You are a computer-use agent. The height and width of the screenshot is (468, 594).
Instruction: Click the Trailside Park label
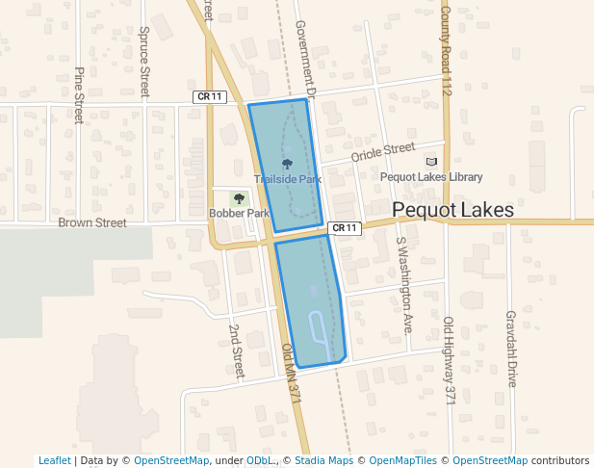[x=287, y=179]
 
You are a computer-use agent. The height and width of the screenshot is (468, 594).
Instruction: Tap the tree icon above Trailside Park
[x=287, y=165]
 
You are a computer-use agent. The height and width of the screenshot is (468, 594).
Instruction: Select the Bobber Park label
[x=239, y=213]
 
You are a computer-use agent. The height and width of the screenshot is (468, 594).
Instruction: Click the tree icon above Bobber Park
[x=239, y=198]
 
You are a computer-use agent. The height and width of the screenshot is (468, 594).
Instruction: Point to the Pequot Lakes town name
[x=452, y=210]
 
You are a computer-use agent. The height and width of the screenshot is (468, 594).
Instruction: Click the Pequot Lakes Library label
[x=431, y=177]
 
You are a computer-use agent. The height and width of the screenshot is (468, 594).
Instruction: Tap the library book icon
[x=431, y=162]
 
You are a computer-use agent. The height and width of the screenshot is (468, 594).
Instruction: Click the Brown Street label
[x=92, y=222]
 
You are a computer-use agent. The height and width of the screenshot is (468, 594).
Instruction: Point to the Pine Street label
[x=80, y=94]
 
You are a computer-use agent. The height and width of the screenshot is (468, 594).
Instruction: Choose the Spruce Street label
[x=144, y=61]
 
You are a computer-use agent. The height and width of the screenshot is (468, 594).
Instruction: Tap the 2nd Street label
[x=237, y=350]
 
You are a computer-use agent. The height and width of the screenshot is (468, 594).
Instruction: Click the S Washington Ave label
[x=404, y=285]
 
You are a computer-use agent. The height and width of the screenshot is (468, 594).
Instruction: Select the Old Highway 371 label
[x=449, y=358]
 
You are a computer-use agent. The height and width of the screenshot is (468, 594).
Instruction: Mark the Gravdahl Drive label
[x=511, y=348]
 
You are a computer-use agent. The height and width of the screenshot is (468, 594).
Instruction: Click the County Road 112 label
[x=447, y=49]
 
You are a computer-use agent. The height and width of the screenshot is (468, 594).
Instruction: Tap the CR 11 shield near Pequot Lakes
[x=344, y=228]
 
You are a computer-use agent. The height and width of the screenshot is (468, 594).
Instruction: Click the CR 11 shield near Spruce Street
[x=209, y=96]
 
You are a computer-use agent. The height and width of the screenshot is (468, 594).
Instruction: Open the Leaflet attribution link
[x=55, y=460]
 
